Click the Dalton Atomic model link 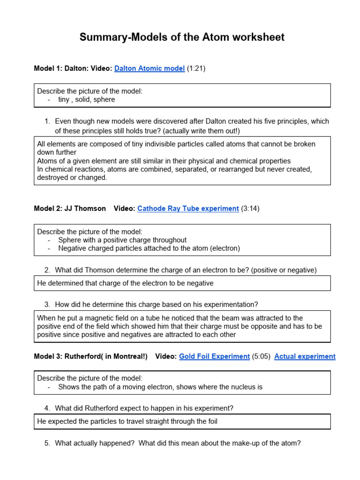150,68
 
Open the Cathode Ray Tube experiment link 188,209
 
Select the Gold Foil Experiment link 214,356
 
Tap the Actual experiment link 305,356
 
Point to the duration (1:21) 196,68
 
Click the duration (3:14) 250,209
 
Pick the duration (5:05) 261,356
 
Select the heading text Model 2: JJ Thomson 70,209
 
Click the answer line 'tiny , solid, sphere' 86,99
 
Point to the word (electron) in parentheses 224,248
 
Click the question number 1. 47,121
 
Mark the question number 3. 47,304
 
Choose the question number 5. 47,443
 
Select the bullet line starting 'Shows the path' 160,387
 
